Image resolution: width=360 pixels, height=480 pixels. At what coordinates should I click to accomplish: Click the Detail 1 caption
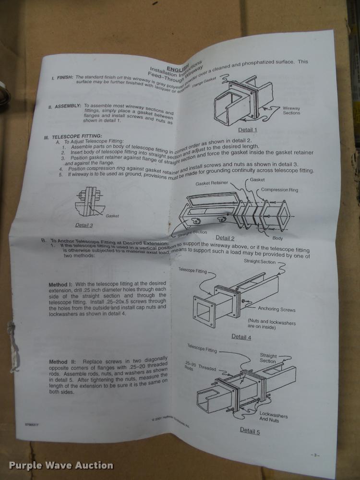click(248, 130)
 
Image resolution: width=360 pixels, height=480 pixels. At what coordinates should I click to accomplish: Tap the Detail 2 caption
click(225, 238)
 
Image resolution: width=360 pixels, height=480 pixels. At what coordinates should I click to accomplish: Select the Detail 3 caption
click(84, 225)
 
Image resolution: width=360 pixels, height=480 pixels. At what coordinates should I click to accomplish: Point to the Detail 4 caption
click(241, 336)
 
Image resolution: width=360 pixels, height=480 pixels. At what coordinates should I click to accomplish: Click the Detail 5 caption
click(250, 431)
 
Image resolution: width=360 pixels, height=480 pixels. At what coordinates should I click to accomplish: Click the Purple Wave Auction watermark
click(61, 465)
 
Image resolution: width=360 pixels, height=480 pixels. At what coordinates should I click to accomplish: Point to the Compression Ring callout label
click(279, 190)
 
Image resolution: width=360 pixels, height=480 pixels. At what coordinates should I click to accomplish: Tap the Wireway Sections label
click(291, 110)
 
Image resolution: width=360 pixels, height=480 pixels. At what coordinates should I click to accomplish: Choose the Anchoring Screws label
click(276, 309)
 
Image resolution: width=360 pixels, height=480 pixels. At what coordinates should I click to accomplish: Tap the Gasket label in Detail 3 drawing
click(112, 216)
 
